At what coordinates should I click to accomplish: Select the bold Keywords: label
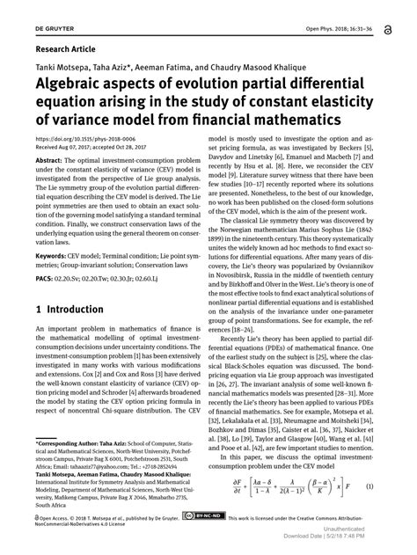click(55, 257)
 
